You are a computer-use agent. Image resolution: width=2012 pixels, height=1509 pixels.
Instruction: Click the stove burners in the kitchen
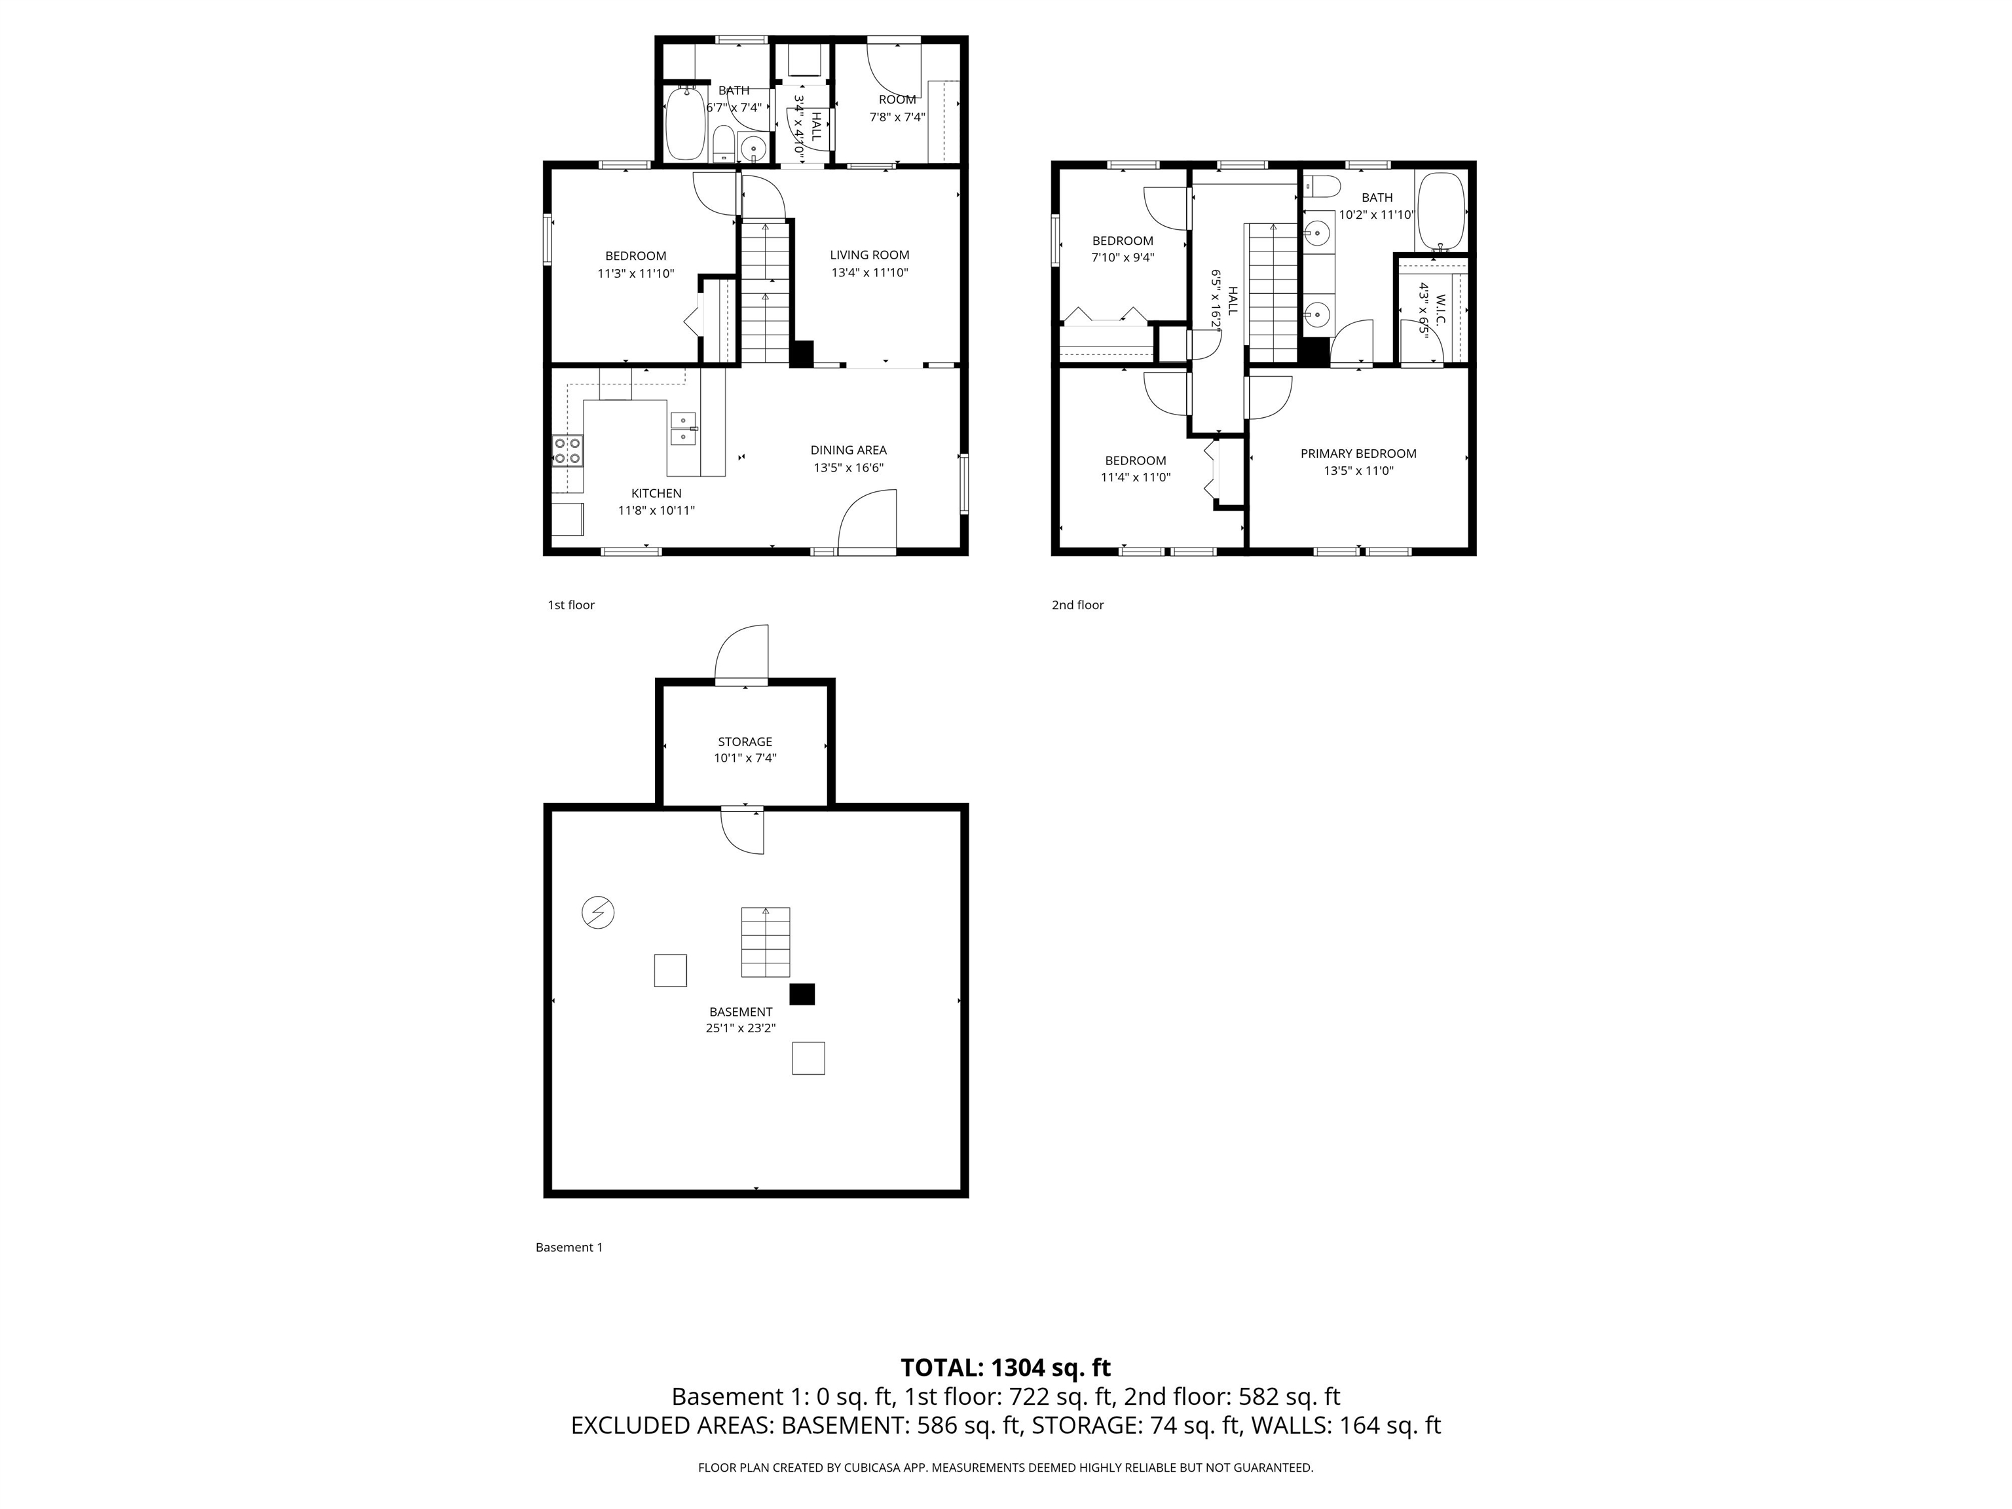[568, 450]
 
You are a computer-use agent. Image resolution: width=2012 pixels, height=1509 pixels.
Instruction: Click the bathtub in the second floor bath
[1441, 211]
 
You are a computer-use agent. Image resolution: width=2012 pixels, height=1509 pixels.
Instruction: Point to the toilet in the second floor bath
[1322, 187]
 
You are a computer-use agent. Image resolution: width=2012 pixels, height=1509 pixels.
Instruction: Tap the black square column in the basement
[802, 994]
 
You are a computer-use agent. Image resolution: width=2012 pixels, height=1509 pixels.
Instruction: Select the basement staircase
[765, 942]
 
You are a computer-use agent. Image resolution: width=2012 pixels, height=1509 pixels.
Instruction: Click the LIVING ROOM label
[868, 255]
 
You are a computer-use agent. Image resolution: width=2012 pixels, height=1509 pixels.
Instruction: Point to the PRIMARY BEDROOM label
[1357, 453]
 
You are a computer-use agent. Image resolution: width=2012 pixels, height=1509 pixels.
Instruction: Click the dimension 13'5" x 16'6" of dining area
[848, 468]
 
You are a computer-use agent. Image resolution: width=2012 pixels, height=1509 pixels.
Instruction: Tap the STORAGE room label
[744, 741]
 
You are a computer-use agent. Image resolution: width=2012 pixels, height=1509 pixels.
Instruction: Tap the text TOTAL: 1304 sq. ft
[1005, 1367]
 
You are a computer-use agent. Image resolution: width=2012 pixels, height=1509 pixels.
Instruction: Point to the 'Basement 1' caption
[568, 1247]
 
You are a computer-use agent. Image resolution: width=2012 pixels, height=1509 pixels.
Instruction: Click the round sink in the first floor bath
[753, 147]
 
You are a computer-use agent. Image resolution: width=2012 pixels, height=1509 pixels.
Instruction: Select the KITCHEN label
[656, 493]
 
